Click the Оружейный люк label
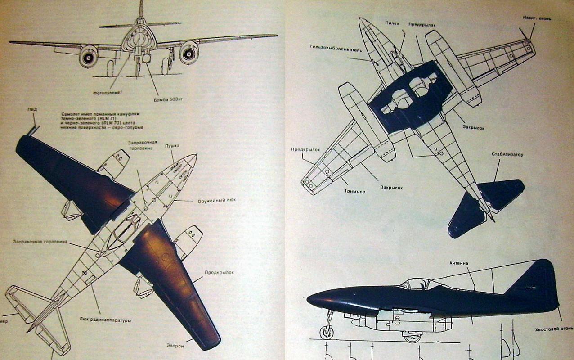pyautogui.click(x=217, y=201)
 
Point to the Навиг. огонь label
pyautogui.click(x=537, y=18)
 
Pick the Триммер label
pyautogui.click(x=355, y=191)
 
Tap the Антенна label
pyautogui.click(x=459, y=263)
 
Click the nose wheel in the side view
pyautogui.click(x=327, y=332)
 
